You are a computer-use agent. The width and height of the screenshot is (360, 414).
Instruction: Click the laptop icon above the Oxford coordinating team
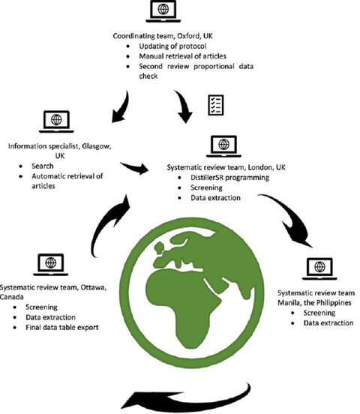pyautogui.click(x=163, y=11)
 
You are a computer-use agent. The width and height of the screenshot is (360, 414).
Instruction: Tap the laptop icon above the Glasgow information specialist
pyautogui.click(x=56, y=121)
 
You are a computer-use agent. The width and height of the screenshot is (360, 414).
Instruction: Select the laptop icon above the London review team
pyautogui.click(x=223, y=146)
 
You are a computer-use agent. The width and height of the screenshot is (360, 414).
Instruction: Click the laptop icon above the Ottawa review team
pyautogui.click(x=51, y=265)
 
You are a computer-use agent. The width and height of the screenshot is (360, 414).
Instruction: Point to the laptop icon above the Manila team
pyautogui.click(x=319, y=268)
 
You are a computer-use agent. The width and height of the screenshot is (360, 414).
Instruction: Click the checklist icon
pyautogui.click(x=216, y=105)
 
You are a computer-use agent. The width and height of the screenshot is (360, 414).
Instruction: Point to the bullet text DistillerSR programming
pyautogui.click(x=229, y=178)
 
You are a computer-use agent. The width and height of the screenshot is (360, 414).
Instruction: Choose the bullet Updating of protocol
pyautogui.click(x=172, y=46)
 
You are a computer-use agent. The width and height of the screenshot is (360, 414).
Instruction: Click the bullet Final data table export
pyautogui.click(x=62, y=328)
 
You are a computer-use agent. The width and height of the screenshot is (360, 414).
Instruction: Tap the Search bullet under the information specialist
pyautogui.click(x=43, y=166)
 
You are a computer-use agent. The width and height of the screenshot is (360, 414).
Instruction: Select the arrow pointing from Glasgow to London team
pyautogui.click(x=135, y=168)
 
